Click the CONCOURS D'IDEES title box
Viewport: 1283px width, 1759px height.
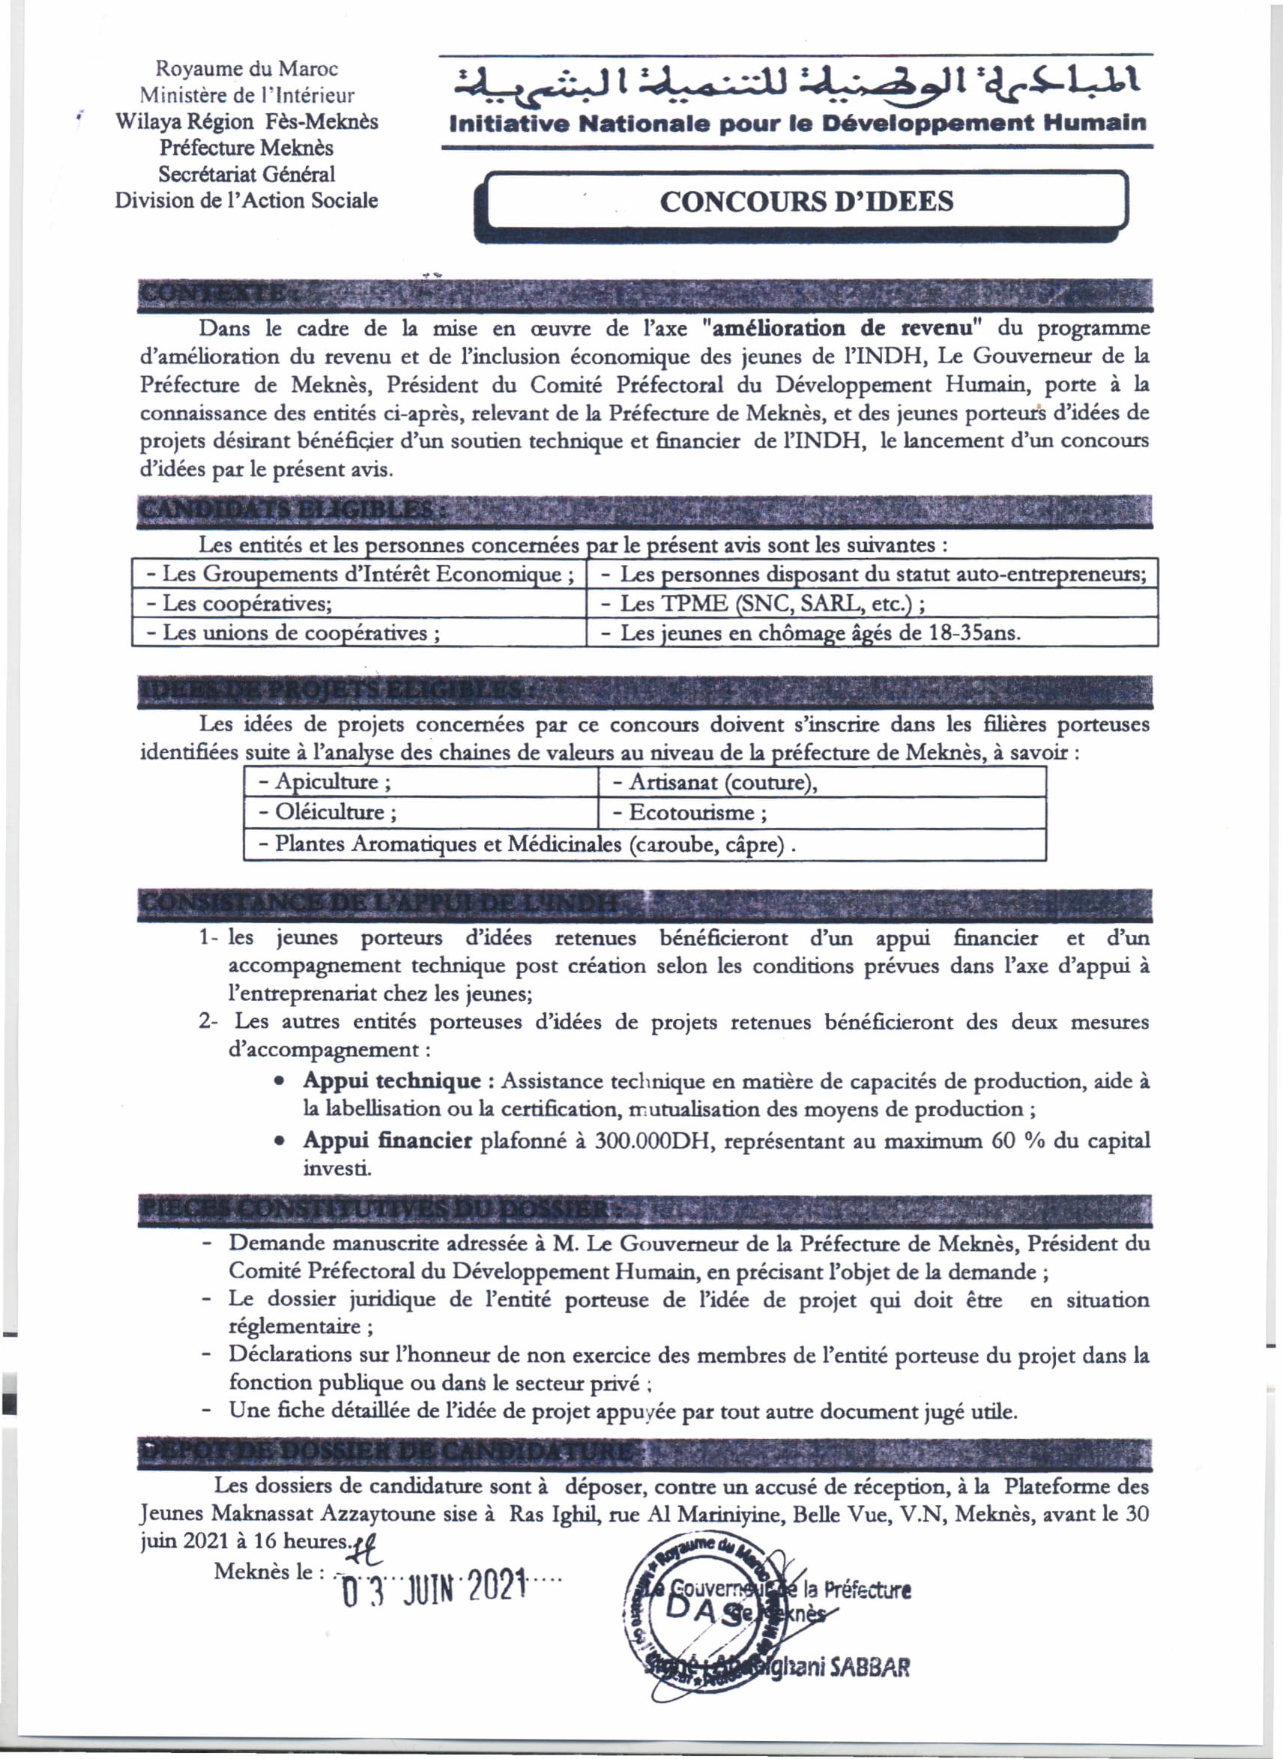[x=806, y=201]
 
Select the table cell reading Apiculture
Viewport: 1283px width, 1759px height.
[x=420, y=781]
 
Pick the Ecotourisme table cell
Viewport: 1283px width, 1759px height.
[x=821, y=813]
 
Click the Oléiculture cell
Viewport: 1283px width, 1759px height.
[x=420, y=813]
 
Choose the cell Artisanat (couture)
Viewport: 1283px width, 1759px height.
[x=821, y=781]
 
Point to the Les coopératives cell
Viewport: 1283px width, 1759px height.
[x=358, y=603]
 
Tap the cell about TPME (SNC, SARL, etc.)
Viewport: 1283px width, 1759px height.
[x=871, y=603]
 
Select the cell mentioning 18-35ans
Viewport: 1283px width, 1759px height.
[x=871, y=632]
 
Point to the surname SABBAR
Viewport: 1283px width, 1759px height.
[x=869, y=1667]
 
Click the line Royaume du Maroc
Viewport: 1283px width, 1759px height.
[x=247, y=69]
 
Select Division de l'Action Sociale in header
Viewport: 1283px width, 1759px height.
[x=247, y=200]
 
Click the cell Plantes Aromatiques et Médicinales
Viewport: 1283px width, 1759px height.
[x=644, y=844]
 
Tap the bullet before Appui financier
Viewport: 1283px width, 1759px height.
[x=279, y=1142]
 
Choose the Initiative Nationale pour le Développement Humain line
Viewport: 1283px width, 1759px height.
[x=797, y=124]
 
